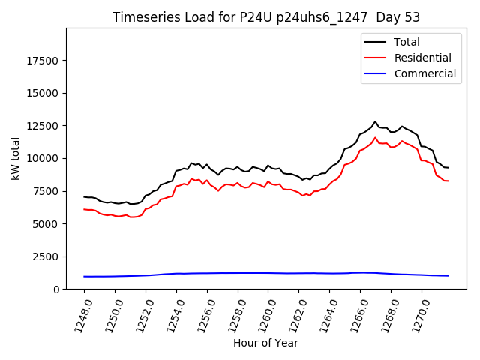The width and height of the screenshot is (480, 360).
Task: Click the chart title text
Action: click(x=266, y=17)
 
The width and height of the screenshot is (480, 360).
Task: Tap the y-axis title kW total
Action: click(x=16, y=158)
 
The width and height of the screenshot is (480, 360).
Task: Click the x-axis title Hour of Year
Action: click(x=265, y=343)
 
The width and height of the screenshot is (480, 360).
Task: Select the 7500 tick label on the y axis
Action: click(x=47, y=191)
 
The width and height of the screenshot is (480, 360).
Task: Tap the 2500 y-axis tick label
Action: click(x=47, y=256)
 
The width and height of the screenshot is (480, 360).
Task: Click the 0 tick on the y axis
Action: click(x=58, y=289)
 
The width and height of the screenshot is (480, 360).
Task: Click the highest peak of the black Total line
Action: click(x=375, y=121)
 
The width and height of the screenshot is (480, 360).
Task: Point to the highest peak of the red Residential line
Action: click(x=375, y=137)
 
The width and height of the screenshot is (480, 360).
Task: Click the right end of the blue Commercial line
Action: click(x=448, y=276)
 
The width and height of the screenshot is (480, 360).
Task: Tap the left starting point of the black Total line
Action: click(x=85, y=197)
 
